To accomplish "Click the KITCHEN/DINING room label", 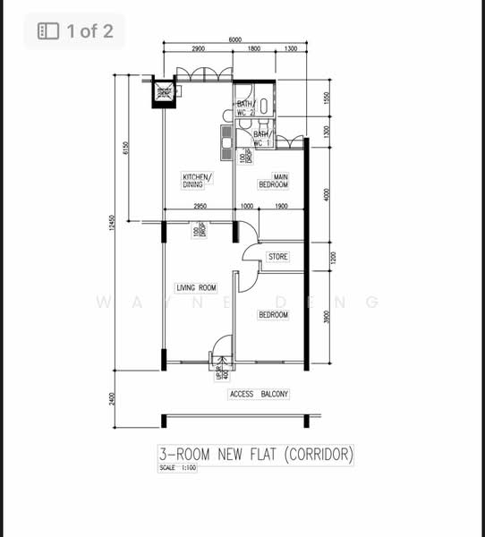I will [197, 181].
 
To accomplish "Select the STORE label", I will [278, 257].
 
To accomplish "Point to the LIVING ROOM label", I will [196, 287].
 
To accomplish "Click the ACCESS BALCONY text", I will [260, 394].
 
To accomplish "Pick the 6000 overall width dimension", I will [234, 40].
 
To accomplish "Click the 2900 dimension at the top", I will [197, 50].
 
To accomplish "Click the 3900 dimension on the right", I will [328, 318].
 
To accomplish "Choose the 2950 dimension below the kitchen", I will [200, 208].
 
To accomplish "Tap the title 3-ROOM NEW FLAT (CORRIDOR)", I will [256, 454].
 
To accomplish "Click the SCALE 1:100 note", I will [178, 468].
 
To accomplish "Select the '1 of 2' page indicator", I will [75, 32].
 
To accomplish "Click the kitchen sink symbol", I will [225, 139].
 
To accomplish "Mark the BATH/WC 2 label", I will [246, 108].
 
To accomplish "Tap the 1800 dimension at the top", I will [254, 50].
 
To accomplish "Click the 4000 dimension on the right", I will [328, 193].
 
